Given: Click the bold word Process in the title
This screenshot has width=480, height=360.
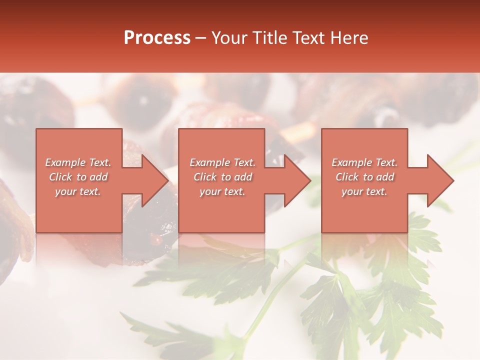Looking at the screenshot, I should pos(157,38).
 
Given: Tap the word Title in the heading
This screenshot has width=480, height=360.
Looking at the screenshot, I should pos(268,38).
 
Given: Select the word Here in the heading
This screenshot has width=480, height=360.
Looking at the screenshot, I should pos(349,38).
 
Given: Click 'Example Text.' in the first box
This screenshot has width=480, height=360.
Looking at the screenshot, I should pos(78,162).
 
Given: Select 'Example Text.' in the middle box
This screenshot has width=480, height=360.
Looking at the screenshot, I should pos(222,162).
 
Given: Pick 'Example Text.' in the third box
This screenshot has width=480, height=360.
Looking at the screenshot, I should pos(364,162).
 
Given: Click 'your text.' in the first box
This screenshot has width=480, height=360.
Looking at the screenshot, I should pos(78,191).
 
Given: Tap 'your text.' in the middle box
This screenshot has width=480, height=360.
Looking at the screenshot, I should pos(222,191).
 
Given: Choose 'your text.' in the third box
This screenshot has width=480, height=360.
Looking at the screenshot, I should pos(364,191).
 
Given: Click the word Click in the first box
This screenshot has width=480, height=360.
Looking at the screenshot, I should pos(60,177).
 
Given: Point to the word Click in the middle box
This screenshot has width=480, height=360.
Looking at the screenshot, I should pos(205,177).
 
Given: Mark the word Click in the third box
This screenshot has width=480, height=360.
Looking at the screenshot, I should pos(347,177).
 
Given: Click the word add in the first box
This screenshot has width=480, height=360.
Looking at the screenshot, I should pos(98,177).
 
